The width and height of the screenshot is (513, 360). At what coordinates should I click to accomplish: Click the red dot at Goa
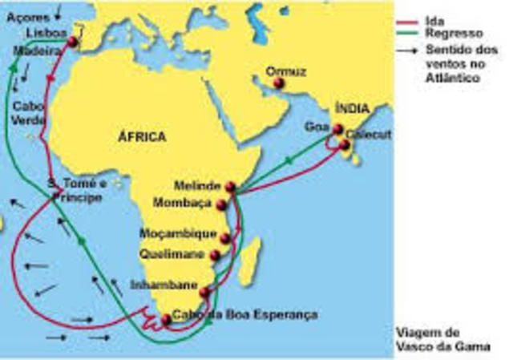point(337,131)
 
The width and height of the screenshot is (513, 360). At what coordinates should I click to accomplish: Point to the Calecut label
point(370,136)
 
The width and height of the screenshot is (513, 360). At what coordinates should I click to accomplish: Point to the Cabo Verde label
point(27,111)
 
